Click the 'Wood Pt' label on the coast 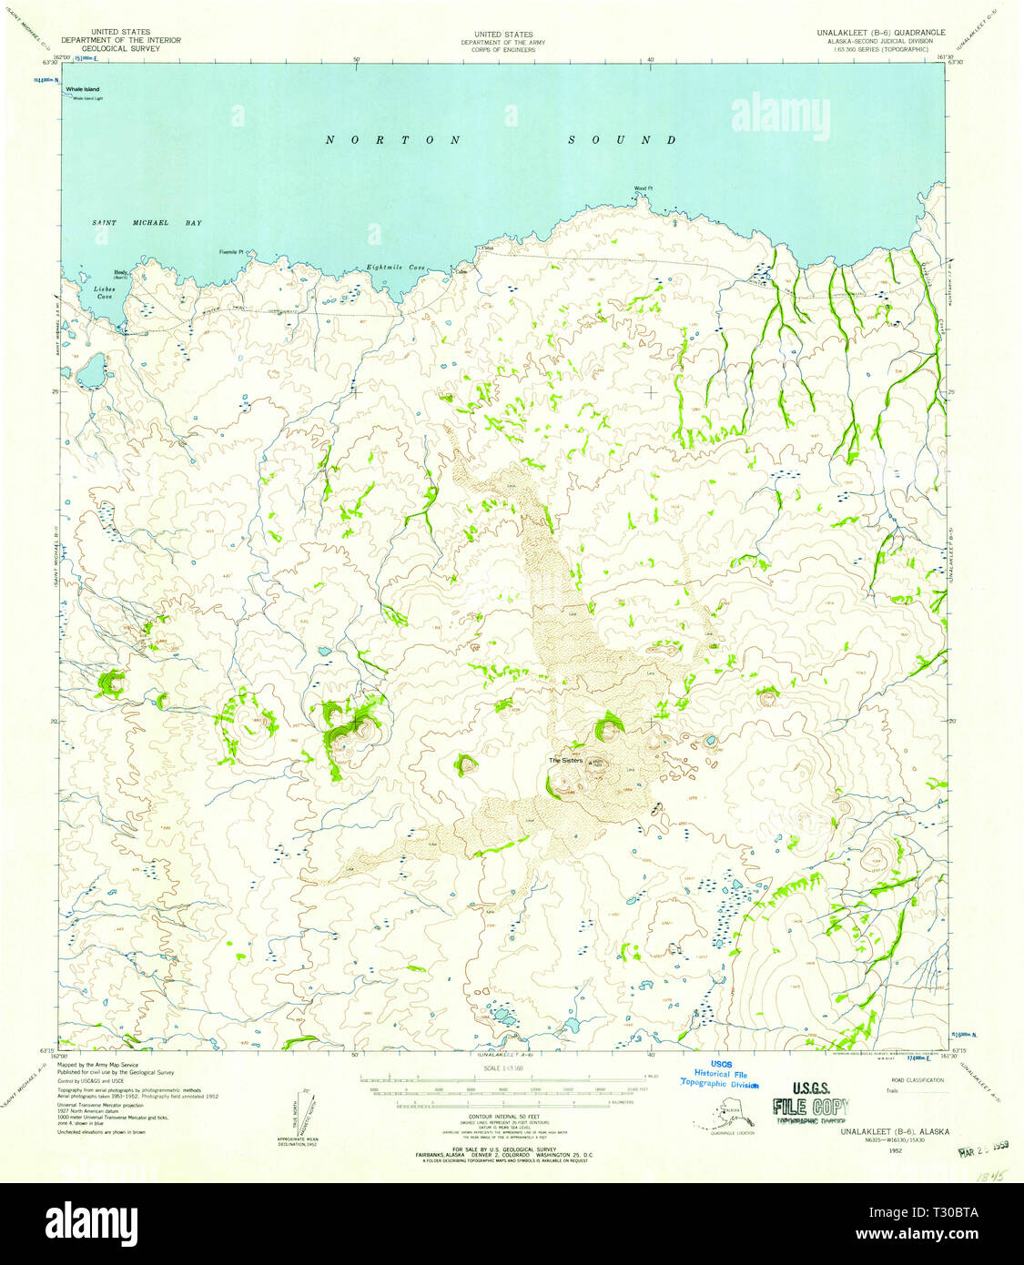coord(644,189)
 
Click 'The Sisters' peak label coord(565,760)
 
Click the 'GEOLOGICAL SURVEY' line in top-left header coord(120,48)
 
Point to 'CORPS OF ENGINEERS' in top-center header coord(497,49)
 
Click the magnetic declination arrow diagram coord(306,1108)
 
